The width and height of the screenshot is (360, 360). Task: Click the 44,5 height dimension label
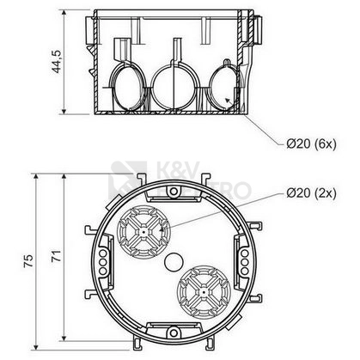click(57, 62)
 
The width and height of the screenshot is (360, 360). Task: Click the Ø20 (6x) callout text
click(311, 143)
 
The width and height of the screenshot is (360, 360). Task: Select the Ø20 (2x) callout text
click(311, 193)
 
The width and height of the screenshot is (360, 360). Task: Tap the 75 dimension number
click(28, 261)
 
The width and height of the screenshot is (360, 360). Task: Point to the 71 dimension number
click(56, 256)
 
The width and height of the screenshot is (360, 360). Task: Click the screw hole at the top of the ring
click(174, 191)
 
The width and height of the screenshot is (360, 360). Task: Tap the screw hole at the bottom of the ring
click(173, 333)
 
